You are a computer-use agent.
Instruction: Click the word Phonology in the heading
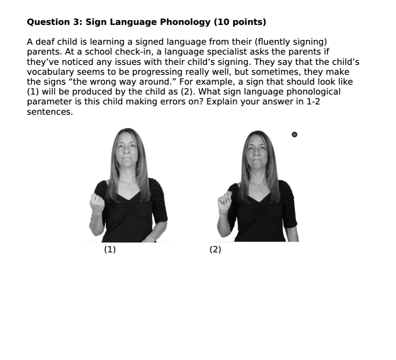(185, 22)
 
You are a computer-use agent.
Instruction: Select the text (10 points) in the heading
(240, 22)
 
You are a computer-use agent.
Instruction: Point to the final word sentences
(50, 112)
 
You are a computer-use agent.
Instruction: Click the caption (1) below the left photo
(110, 250)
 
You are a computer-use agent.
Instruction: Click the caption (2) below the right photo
(215, 250)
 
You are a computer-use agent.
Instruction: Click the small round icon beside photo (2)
(294, 135)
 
